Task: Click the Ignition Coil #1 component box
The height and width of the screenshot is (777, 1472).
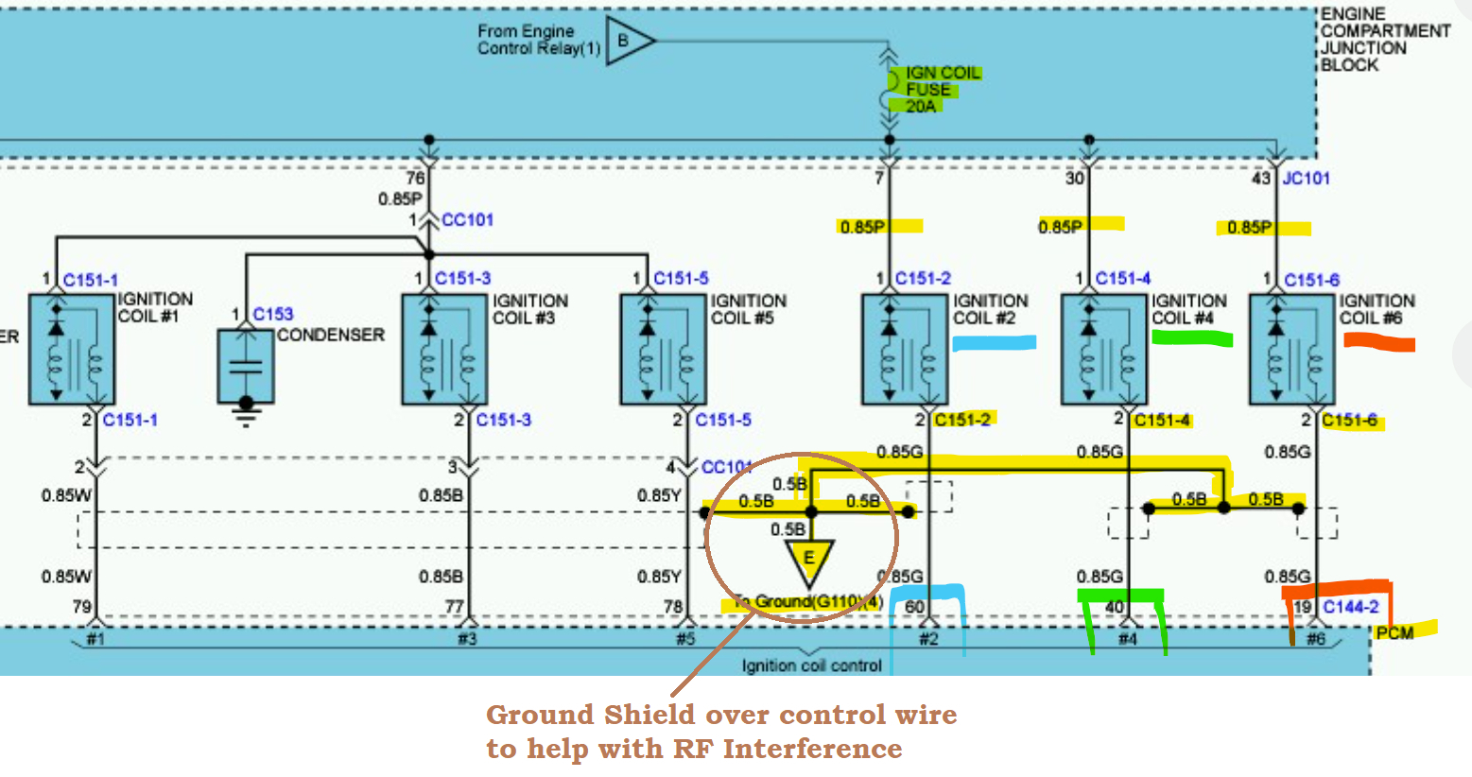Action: click(x=72, y=349)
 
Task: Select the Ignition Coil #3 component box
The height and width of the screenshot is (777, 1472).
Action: click(x=444, y=349)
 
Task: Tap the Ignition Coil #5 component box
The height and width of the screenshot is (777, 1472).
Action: click(x=663, y=349)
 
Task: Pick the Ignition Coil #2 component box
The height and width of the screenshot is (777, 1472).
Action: click(x=905, y=349)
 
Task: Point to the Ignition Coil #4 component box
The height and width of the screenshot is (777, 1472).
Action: click(x=1104, y=349)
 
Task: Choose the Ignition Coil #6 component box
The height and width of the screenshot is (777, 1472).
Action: click(x=1292, y=349)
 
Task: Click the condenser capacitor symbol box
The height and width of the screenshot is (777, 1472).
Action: click(x=246, y=366)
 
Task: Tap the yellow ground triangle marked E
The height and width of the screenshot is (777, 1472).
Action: click(x=809, y=561)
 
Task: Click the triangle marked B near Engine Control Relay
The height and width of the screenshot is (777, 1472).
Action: click(x=627, y=41)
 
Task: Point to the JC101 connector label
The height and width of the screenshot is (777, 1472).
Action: click(x=1306, y=178)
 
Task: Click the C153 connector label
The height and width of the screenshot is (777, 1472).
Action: click(x=273, y=314)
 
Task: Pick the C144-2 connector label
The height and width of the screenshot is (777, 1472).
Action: click(x=1350, y=607)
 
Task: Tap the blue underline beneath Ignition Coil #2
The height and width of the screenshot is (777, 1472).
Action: click(x=994, y=343)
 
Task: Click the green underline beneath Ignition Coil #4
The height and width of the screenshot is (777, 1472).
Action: click(x=1192, y=338)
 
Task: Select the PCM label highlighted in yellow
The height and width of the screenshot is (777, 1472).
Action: click(x=1395, y=632)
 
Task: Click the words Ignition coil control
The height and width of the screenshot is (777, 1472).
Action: click(x=811, y=665)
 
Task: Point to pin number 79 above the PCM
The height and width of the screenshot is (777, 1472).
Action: click(x=82, y=606)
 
